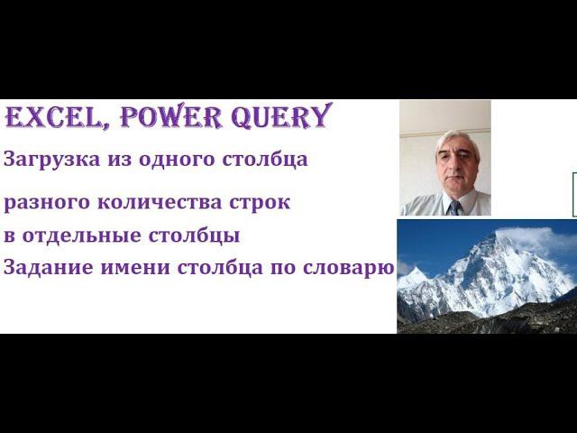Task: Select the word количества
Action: coord(139,203)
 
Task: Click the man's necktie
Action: coord(453,207)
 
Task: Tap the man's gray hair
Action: coord(456,137)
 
